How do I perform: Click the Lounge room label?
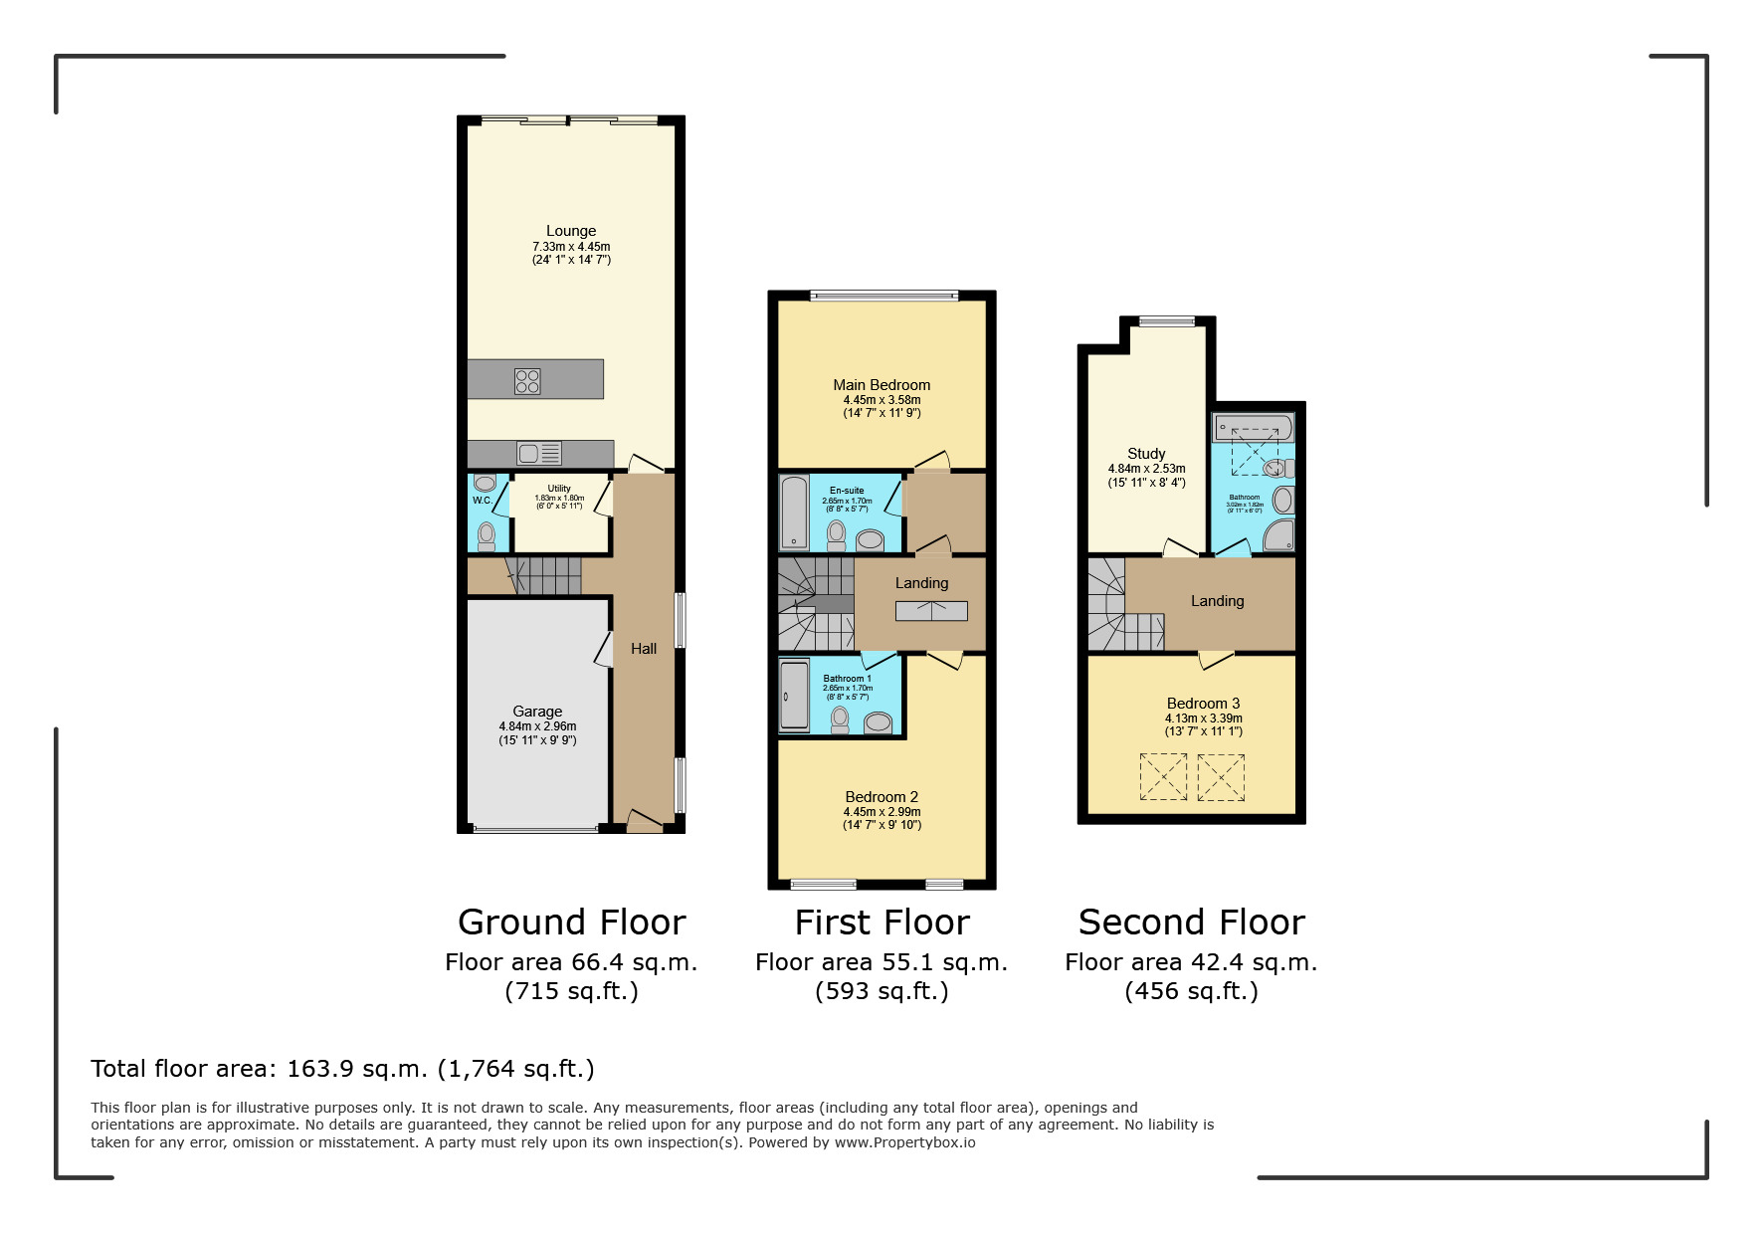[x=570, y=231]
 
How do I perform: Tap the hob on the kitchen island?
[x=527, y=381]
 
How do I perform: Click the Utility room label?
[x=559, y=489]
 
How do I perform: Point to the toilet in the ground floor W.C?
[x=487, y=536]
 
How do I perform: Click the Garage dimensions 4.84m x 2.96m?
[x=537, y=726]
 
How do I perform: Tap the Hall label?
[x=644, y=649]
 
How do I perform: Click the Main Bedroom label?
[x=881, y=385]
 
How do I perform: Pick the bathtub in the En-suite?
[x=794, y=513]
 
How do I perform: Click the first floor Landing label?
[x=921, y=583]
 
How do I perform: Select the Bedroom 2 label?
[x=881, y=797]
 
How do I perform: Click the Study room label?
[x=1146, y=454]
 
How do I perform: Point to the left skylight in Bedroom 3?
[x=1162, y=777]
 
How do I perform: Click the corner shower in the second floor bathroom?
[x=1278, y=536]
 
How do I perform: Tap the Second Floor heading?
[x=1191, y=923]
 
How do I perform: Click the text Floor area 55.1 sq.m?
[x=881, y=962]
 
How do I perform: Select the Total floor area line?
[x=342, y=1069]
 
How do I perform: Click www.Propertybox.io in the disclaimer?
[x=904, y=1142]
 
